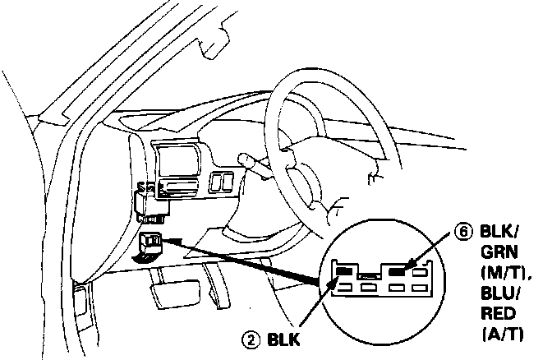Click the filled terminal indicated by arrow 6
[399, 270]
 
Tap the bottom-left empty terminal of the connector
[345, 287]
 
